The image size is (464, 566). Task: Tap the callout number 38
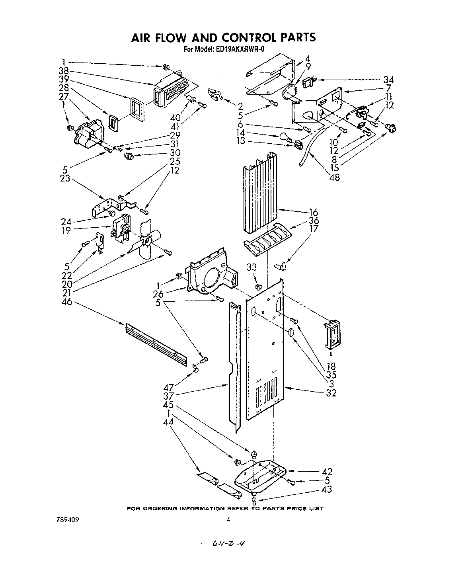tap(63, 71)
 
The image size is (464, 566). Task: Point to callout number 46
tap(66, 303)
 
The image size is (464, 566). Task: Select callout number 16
tap(325, 213)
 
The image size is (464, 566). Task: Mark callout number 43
tap(326, 489)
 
